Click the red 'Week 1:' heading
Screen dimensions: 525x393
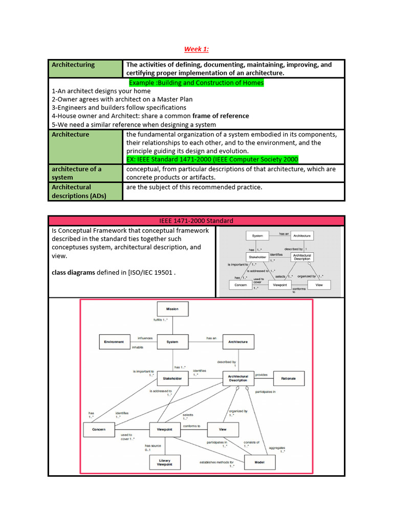196,49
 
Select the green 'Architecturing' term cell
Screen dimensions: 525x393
73,65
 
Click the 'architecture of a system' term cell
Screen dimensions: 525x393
77,173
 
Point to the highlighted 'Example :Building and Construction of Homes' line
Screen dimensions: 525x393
196,83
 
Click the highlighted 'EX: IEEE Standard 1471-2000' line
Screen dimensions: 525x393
212,159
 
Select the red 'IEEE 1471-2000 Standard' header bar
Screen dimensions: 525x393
196,220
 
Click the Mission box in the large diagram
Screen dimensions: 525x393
172,309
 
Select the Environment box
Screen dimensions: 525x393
114,341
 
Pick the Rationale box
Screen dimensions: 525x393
289,379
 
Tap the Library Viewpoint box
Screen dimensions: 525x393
165,462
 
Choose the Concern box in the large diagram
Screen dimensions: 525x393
99,429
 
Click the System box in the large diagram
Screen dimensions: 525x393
172,341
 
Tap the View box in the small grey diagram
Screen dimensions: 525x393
319,285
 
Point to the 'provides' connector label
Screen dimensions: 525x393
261,375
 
